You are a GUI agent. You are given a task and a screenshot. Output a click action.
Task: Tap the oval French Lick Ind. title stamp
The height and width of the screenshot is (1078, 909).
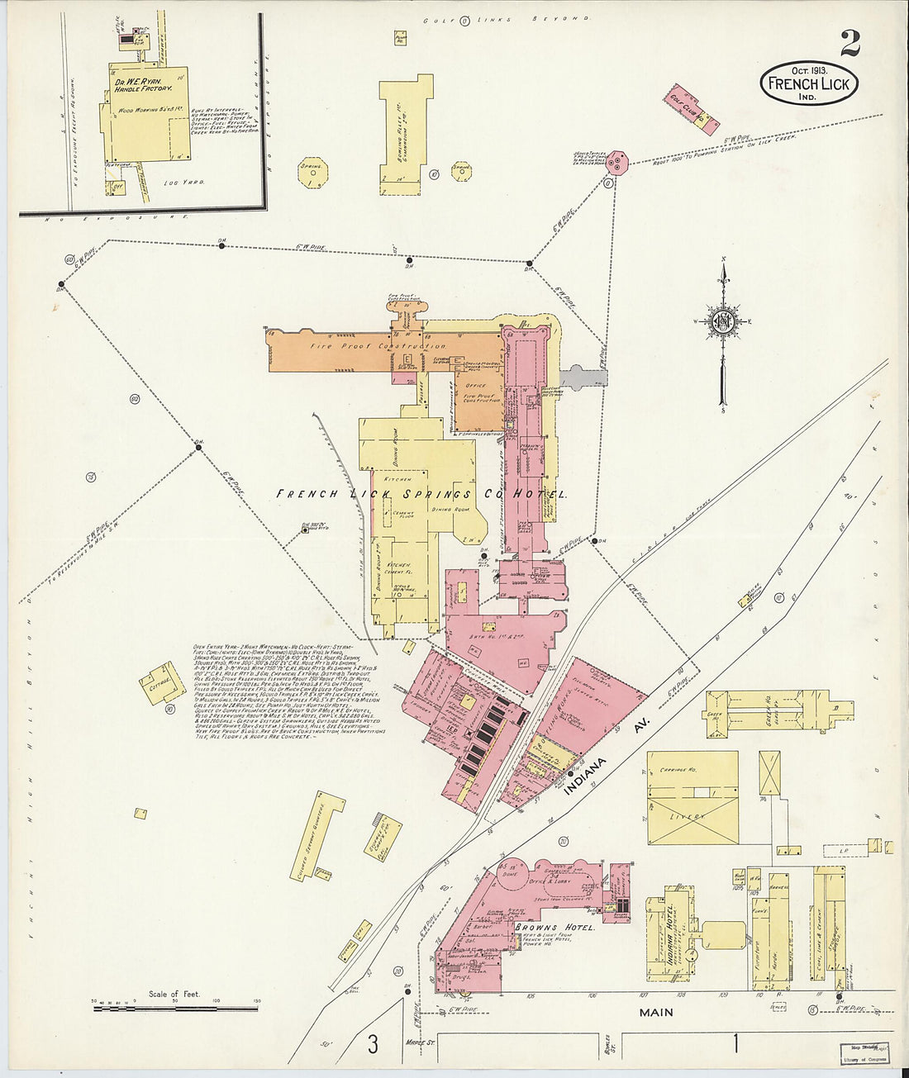pyautogui.click(x=809, y=83)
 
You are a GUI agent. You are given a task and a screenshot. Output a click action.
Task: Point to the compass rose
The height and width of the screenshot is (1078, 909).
pyautogui.click(x=724, y=321)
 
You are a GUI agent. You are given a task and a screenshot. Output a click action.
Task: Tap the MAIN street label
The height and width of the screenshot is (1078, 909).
pyautogui.click(x=656, y=1011)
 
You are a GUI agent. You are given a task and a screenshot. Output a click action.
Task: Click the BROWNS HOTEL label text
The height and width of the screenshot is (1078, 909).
pyautogui.click(x=555, y=928)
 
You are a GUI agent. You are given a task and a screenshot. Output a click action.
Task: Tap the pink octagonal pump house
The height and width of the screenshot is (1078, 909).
pyautogui.click(x=615, y=163)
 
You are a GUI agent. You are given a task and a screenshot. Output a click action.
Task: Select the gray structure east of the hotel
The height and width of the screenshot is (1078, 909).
pyautogui.click(x=583, y=377)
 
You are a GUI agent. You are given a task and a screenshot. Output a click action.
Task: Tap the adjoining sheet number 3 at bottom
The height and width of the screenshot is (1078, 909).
pyautogui.click(x=373, y=1044)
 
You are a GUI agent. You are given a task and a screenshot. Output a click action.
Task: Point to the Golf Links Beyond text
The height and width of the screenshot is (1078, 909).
pyautogui.click(x=507, y=18)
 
